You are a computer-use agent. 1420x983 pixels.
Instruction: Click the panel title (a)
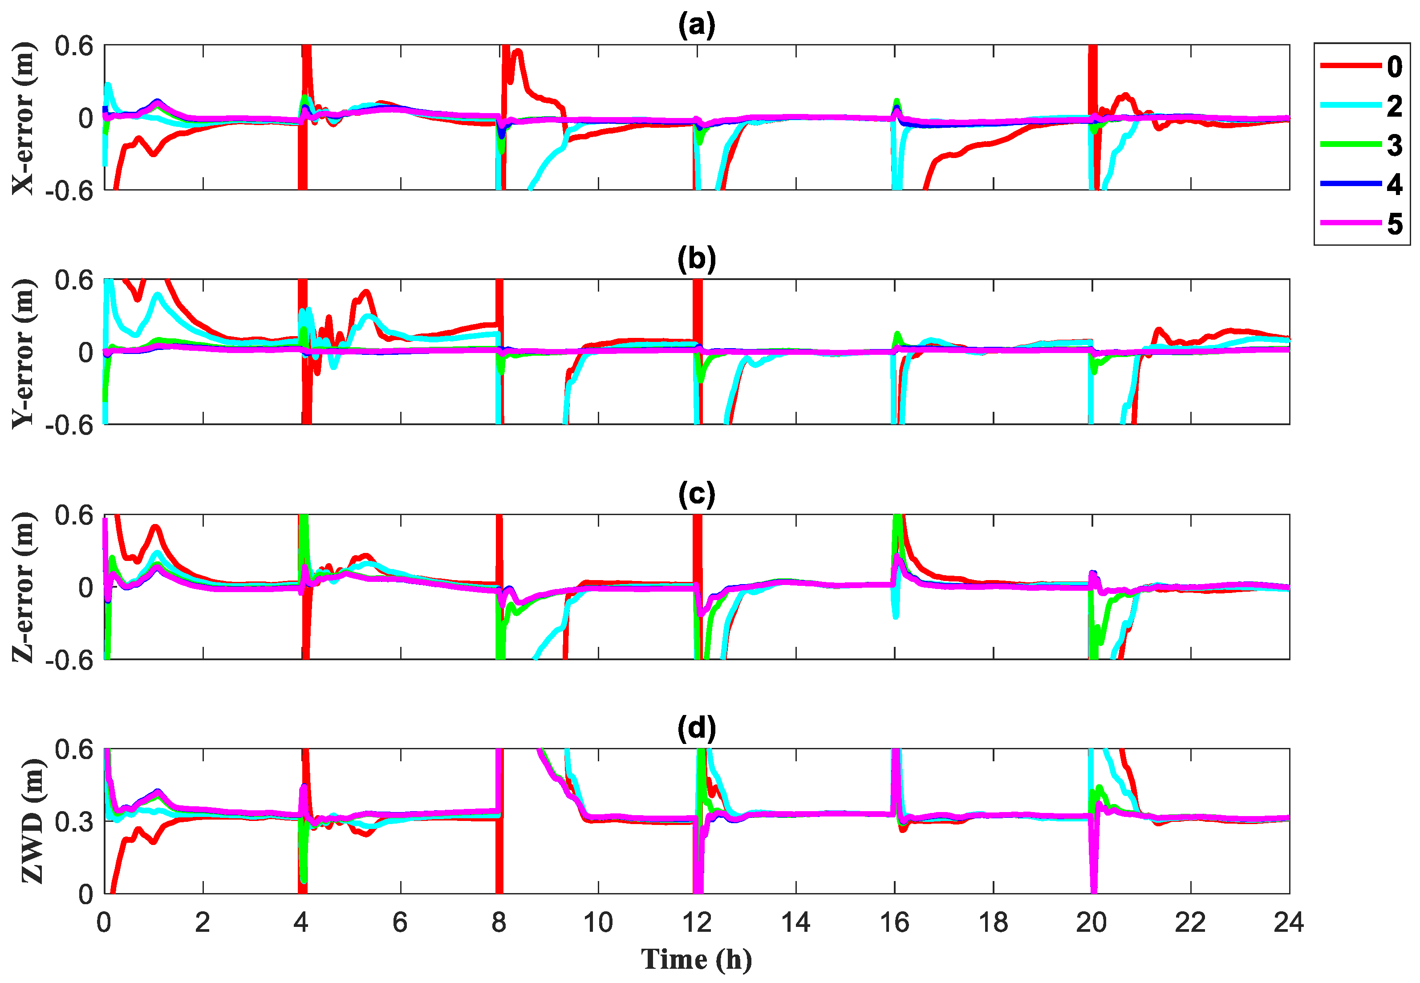pos(697,26)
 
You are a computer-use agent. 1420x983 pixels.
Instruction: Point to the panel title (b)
pos(697,259)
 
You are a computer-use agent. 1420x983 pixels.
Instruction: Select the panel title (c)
pos(697,494)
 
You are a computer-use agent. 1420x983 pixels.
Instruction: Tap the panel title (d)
pos(697,729)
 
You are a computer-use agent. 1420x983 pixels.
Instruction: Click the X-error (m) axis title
pos(24,118)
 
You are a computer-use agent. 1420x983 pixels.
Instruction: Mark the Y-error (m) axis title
pos(24,353)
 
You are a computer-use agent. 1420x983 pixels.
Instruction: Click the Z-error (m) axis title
pos(24,587)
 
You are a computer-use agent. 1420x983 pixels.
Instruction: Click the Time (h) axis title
pos(697,959)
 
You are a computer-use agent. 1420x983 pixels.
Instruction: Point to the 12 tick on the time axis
pos(697,922)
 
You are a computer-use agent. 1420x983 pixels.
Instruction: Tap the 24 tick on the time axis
pos(1288,922)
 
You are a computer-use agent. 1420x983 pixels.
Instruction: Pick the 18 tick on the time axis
pos(993,922)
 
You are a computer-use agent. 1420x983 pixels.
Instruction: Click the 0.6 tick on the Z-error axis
pos(74,515)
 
